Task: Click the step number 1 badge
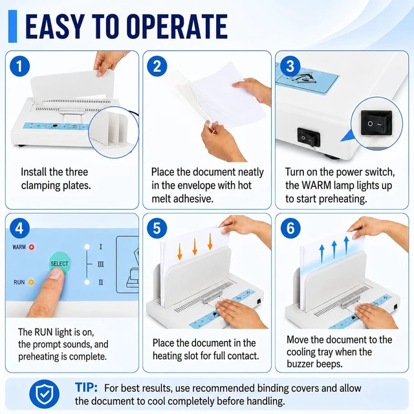point(19,66)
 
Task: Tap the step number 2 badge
point(157,66)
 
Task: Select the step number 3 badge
point(290,66)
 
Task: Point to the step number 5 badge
point(157,228)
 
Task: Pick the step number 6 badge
point(290,228)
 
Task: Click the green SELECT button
point(60,263)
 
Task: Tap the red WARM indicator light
point(32,247)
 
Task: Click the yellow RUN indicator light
point(31,282)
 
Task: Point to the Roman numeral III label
point(101,265)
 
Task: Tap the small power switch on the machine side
point(309,137)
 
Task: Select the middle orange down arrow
point(195,246)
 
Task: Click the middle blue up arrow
point(334,250)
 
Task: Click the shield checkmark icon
point(45,394)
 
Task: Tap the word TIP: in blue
point(86,387)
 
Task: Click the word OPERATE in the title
point(177,27)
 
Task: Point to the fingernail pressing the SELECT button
point(56,273)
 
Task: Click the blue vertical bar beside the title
point(13,27)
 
